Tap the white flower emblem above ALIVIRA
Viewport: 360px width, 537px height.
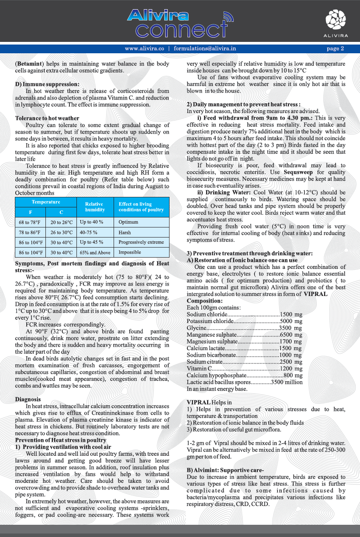point(336,20)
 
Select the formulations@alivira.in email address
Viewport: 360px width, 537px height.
point(205,48)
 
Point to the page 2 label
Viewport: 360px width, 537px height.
point(335,48)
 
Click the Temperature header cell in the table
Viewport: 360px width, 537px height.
point(46,202)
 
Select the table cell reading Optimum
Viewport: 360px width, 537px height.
point(128,222)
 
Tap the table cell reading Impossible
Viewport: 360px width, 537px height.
point(130,252)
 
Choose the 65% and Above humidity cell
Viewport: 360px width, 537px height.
point(95,252)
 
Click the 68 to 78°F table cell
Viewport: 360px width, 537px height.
point(30,222)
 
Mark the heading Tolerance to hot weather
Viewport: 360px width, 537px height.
point(47,118)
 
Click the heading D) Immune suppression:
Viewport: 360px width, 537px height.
point(47,84)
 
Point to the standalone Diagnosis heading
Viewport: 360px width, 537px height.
point(28,399)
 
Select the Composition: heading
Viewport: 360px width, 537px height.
point(204,301)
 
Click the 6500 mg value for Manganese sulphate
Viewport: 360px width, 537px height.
point(291,335)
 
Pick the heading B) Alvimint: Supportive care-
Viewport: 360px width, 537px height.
point(225,470)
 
